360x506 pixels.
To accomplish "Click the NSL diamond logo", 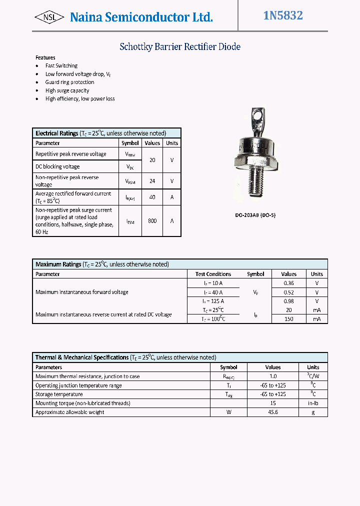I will (x=49, y=17).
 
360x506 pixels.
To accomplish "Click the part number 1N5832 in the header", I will (x=283, y=15).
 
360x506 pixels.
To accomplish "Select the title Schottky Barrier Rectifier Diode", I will (x=180, y=47).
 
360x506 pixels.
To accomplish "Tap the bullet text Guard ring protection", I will (x=69, y=82).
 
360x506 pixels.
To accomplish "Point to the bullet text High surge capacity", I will (x=67, y=90).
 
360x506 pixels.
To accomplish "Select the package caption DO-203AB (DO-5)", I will (x=255, y=215).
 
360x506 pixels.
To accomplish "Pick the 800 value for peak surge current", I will (x=152, y=220).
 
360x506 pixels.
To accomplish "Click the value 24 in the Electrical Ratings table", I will (x=152, y=181).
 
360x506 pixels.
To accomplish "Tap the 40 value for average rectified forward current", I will (x=152, y=197).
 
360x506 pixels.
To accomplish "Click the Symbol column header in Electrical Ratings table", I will (x=130, y=143).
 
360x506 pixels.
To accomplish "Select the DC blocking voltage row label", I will (x=57, y=166).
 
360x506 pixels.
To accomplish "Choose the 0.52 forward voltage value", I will (x=288, y=292).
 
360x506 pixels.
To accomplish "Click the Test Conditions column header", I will (x=213, y=274).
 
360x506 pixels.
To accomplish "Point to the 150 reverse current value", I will (x=288, y=319).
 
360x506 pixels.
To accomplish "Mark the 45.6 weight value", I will (x=272, y=412).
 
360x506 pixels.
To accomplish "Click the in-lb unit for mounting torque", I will (x=313, y=403).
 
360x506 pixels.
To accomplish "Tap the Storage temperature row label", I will (x=59, y=394).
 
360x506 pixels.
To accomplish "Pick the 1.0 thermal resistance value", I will (x=272, y=376).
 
